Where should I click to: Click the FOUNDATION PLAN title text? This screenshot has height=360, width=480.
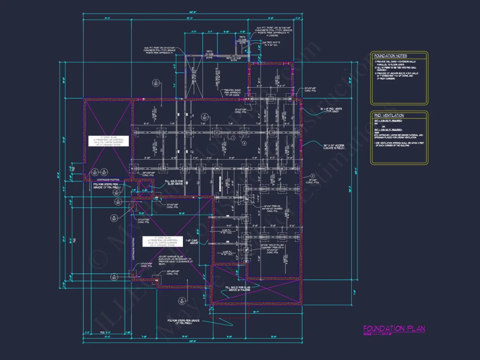click(394, 329)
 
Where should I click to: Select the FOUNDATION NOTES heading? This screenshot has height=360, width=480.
click(390, 56)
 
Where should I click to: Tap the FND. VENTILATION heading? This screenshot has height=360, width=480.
click(389, 115)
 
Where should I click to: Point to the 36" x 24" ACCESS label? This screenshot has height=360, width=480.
click(335, 147)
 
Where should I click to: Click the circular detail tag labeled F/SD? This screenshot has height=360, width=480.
click(204, 117)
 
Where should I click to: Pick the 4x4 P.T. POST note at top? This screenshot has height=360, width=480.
click(267, 32)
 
